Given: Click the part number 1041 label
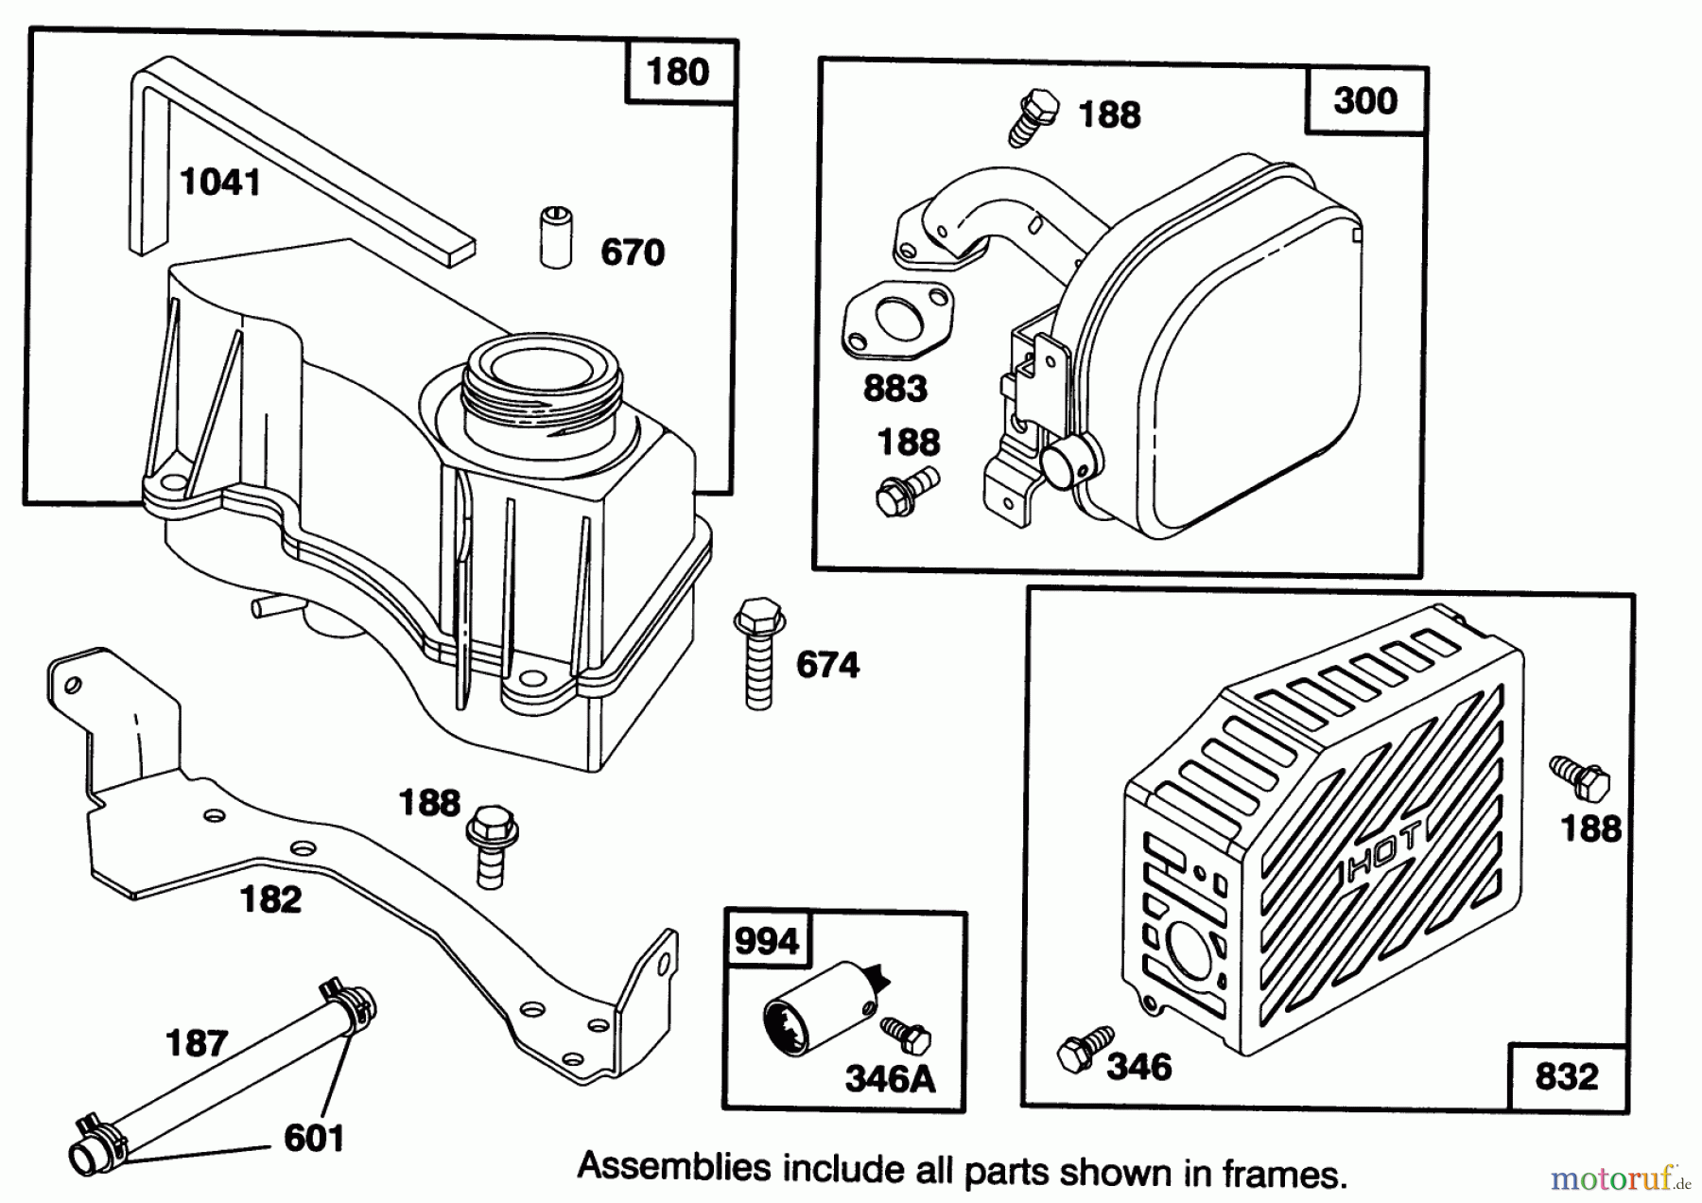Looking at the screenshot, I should click(219, 182).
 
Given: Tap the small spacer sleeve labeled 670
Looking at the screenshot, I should click(556, 236).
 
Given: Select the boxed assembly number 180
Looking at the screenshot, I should click(678, 72).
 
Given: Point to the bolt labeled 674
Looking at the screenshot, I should click(758, 653).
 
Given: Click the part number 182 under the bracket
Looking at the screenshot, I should click(271, 898).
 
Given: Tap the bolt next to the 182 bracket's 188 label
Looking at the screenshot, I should click(491, 845).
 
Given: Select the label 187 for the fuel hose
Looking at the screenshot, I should click(196, 1043).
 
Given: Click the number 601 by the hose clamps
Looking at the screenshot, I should click(313, 1138).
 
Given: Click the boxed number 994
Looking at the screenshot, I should click(766, 941).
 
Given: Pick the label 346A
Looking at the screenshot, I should click(890, 1078).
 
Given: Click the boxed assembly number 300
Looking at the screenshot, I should click(1364, 100).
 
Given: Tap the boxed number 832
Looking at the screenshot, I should click(1566, 1076).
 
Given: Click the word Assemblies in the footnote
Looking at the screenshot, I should click(673, 1166).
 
